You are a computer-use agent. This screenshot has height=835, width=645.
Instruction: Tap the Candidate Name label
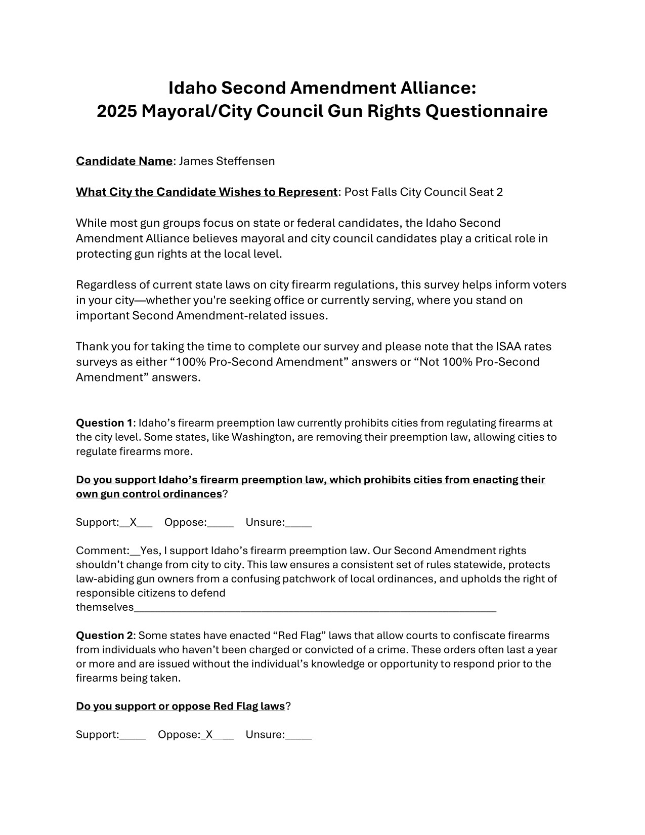124,161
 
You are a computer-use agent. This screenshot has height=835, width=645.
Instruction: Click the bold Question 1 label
104,423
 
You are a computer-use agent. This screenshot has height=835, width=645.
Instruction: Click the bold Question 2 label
104,636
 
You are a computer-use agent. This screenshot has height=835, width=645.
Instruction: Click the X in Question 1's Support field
134,523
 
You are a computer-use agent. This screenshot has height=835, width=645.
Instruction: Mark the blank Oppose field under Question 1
221,523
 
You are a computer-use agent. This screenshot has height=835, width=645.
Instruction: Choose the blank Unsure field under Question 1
298,523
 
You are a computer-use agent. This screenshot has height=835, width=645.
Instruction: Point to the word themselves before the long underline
105,608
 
